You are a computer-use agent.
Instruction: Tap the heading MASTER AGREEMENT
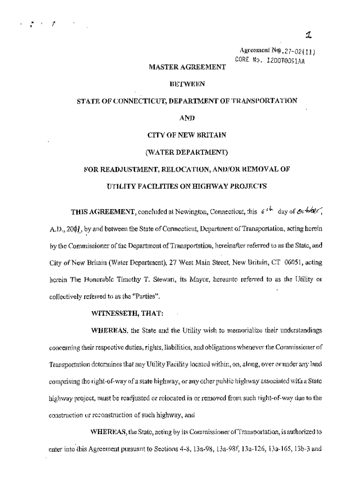pos(187,68)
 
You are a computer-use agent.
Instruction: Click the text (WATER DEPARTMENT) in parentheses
pos(187,152)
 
